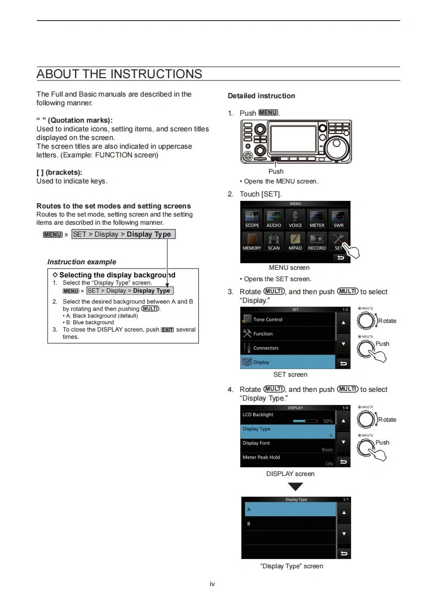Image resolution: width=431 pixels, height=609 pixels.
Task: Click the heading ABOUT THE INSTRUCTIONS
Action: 119,74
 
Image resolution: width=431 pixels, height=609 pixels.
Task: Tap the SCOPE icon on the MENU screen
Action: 252,219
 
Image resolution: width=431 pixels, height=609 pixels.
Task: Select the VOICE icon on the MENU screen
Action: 295,219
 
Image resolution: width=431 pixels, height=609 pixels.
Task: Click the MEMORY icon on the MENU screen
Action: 252,242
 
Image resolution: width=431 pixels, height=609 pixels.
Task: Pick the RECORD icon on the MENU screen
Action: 317,242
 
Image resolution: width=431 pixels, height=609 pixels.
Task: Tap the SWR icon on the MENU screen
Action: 338,219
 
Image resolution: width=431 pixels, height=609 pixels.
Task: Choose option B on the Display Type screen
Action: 289,524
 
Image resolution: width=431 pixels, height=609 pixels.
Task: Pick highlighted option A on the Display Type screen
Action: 289,510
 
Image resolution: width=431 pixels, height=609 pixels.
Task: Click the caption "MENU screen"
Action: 289,268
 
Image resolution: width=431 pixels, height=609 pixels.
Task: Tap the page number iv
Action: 213,584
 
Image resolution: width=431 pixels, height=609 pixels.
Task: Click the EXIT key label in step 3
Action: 167,330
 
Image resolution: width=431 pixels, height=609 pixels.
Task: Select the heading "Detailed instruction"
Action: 261,96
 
